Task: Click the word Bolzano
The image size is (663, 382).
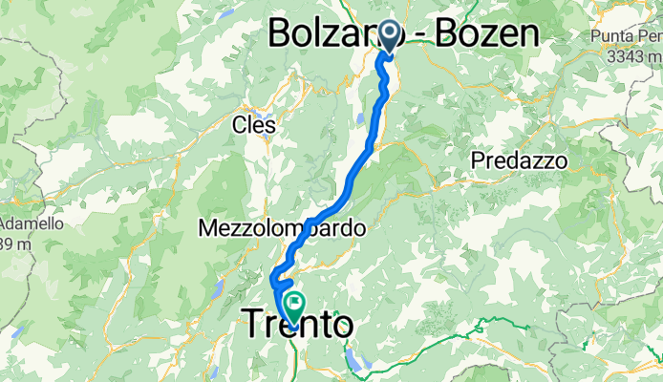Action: click(x=330, y=34)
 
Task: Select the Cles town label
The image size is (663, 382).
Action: click(x=254, y=125)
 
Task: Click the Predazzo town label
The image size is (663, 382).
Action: click(x=519, y=160)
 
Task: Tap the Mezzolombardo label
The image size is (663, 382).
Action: click(x=282, y=229)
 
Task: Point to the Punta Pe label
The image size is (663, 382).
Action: click(x=626, y=36)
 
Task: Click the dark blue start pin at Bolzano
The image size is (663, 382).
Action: click(x=391, y=34)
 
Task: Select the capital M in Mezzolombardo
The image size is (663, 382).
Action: click(x=209, y=229)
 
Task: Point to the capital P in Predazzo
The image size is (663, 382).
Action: click(x=478, y=160)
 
